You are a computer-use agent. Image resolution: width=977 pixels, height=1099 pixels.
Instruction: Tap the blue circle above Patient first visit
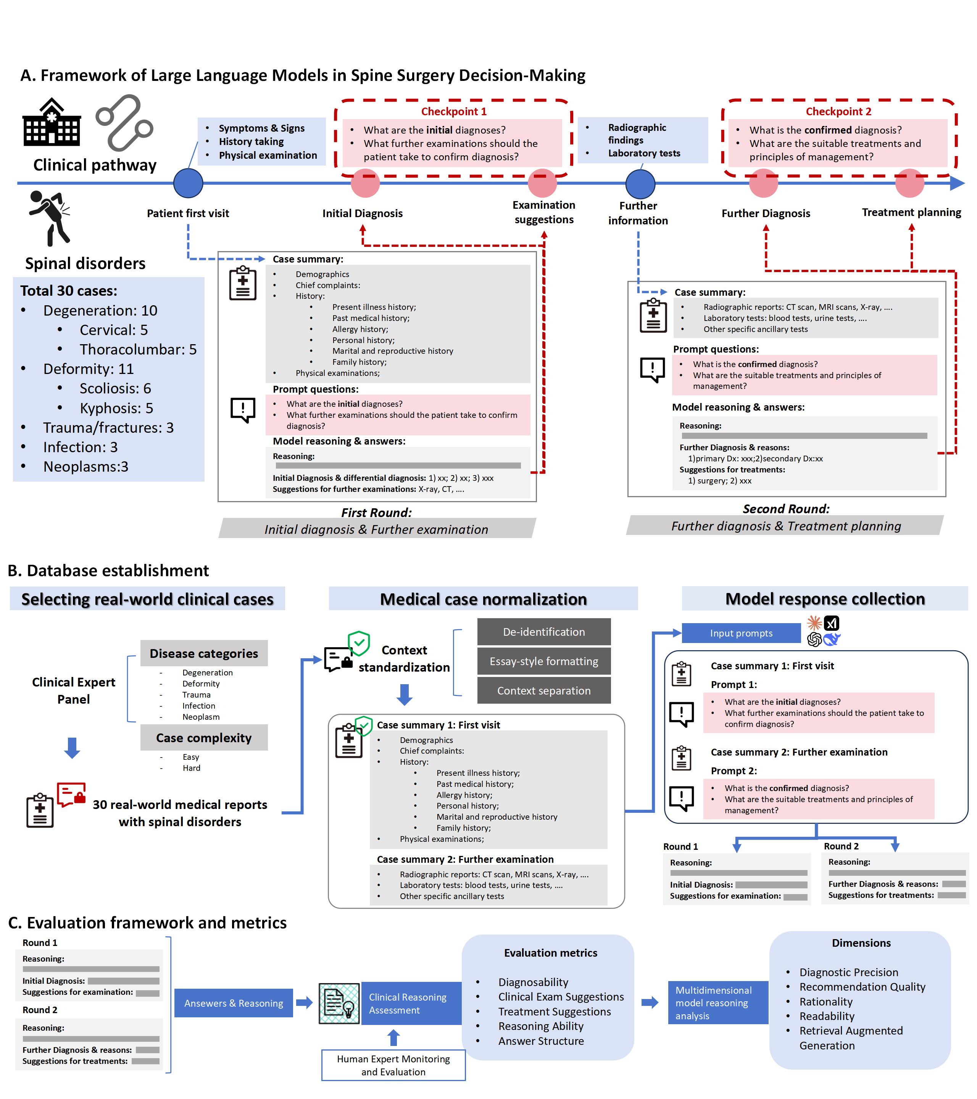188,183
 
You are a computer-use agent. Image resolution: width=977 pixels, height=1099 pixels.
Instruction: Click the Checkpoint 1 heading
453,111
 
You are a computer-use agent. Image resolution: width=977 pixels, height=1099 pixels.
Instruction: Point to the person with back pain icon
50,218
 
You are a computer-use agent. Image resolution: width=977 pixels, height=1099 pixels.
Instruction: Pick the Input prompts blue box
741,633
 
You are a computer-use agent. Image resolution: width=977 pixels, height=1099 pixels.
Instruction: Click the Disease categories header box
204,653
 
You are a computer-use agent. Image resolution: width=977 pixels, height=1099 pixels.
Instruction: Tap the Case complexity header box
204,738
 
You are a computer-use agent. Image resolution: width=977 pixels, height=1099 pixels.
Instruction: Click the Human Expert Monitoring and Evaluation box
393,1065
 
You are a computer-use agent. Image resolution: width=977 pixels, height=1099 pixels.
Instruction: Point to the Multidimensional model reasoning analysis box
718,1003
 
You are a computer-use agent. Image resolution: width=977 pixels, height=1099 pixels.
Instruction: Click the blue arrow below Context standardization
405,695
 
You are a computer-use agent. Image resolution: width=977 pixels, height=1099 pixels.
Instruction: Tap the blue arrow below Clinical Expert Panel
72,748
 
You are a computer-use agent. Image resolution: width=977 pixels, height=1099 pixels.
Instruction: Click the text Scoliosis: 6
116,388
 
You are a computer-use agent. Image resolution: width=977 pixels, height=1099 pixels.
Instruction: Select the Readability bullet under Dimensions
827,1016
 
